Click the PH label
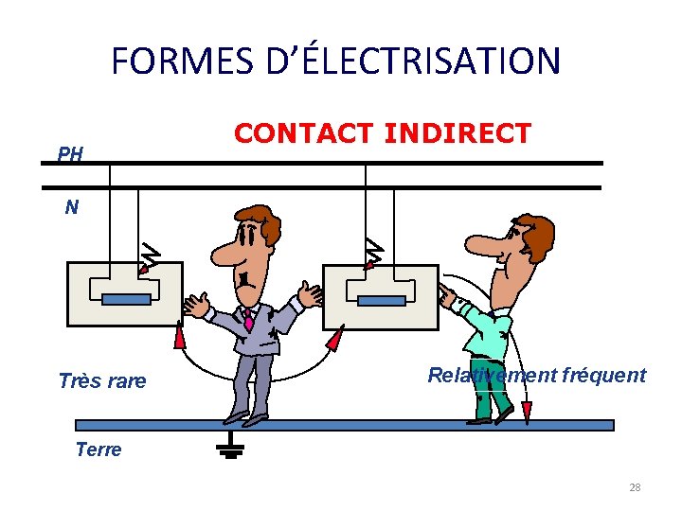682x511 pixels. coord(70,153)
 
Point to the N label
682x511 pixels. coord(71,207)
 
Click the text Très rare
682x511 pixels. coord(102,381)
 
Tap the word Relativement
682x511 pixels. coord(492,375)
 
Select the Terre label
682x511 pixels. coord(99,449)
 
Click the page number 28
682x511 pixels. coord(635,487)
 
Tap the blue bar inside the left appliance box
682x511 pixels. coord(126,300)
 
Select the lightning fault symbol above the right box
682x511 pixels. coord(375,252)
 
